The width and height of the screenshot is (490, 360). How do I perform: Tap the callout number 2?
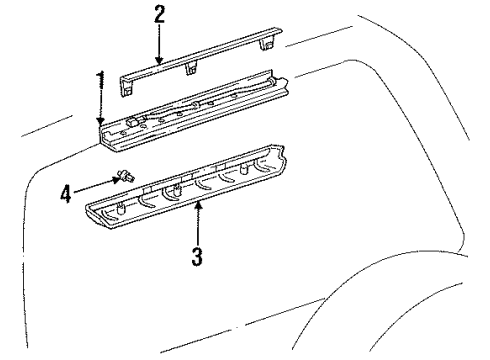pyautogui.click(x=158, y=16)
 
